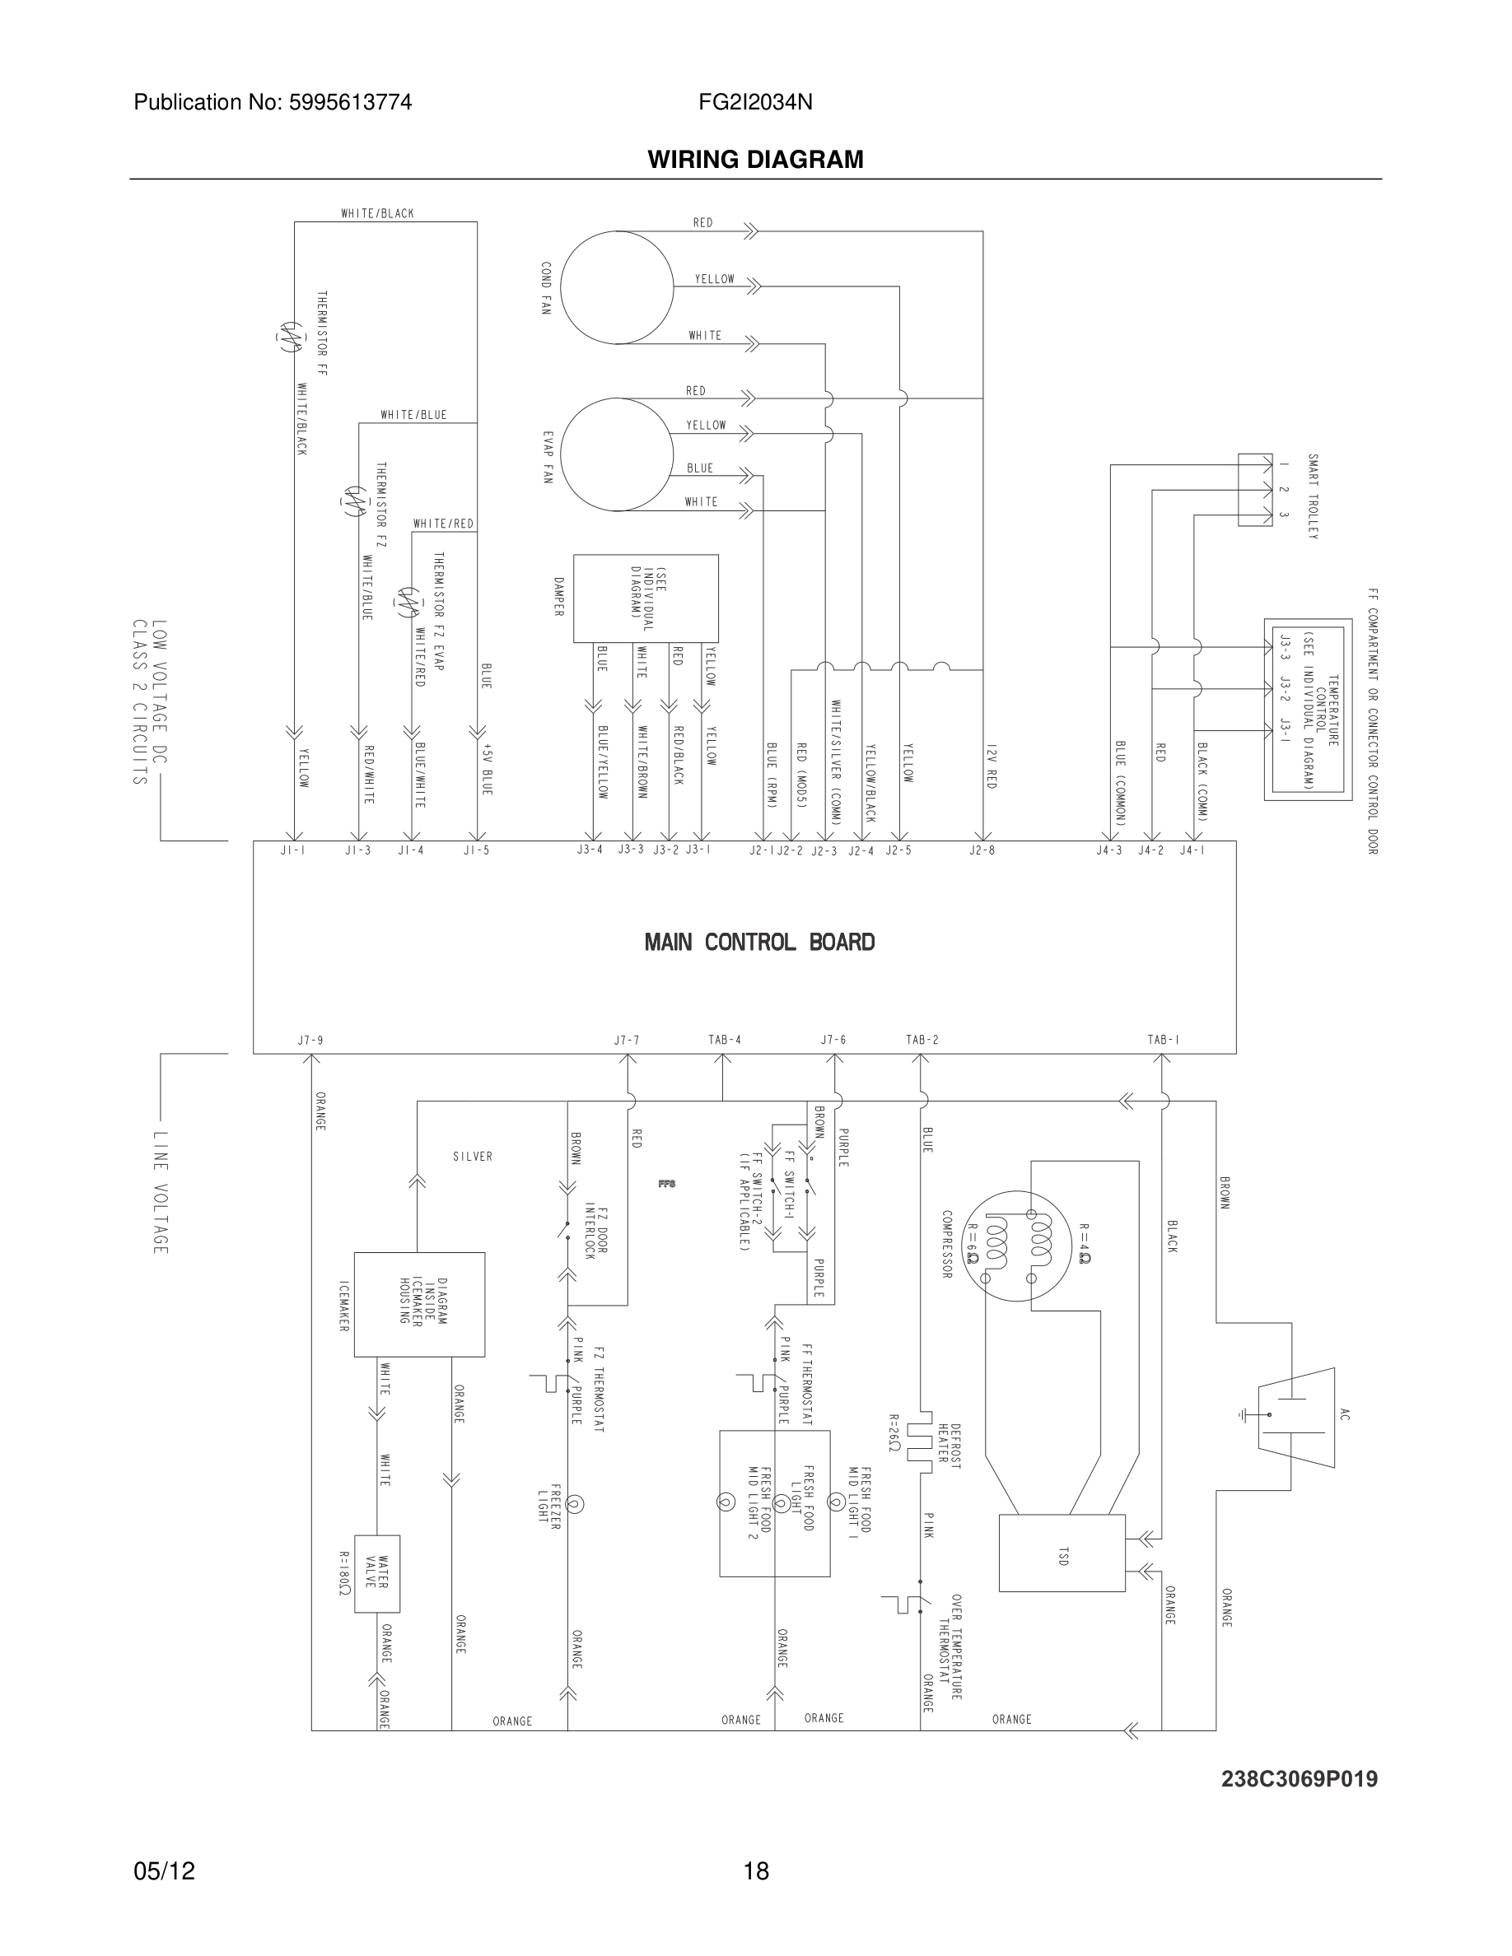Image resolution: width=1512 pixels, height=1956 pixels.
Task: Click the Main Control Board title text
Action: tap(758, 942)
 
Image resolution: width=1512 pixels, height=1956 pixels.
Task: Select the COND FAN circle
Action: tap(616, 286)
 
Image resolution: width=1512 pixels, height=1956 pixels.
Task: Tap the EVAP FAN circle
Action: tap(618, 455)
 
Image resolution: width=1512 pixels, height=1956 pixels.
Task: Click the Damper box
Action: tap(645, 598)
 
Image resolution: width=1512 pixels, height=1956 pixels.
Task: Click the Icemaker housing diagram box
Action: tap(419, 1304)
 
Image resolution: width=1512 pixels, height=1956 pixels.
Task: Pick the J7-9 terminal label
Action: tap(310, 1041)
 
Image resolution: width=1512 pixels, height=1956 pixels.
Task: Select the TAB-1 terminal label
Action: tap(1163, 1040)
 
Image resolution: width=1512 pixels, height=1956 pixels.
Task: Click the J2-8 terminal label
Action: tap(982, 850)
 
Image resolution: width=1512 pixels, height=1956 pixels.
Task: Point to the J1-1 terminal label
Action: tap(293, 850)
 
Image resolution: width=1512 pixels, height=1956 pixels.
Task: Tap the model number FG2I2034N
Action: tap(755, 102)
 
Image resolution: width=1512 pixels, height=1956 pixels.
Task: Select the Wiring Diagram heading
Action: tap(755, 160)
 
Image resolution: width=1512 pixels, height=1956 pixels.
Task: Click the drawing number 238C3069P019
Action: tap(1299, 1779)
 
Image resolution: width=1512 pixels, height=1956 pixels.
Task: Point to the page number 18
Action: tap(756, 1871)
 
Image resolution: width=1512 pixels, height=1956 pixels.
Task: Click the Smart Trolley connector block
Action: tap(1254, 489)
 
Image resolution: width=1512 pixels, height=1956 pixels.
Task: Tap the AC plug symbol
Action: tap(1295, 1416)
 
